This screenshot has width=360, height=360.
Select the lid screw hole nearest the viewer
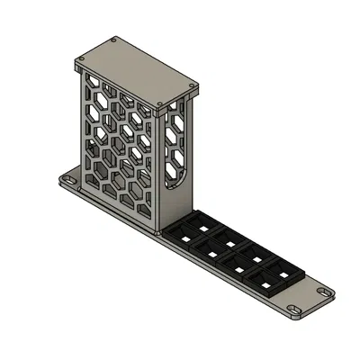tap(159, 104)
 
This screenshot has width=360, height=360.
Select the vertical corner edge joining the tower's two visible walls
tap(160, 171)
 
